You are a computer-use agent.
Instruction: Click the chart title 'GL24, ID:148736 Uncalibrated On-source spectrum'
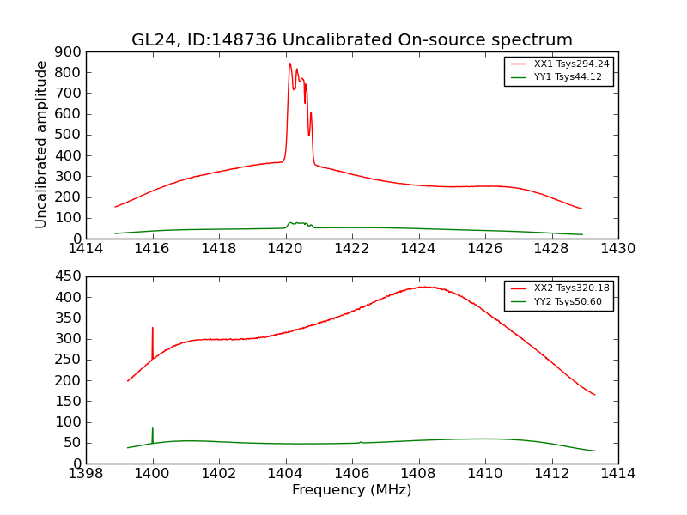tap(352, 40)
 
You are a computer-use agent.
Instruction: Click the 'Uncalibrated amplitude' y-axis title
tap(42, 145)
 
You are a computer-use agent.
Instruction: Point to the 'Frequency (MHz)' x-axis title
tap(352, 490)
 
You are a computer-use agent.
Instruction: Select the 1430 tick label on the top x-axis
tap(617, 249)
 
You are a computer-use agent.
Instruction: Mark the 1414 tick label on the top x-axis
tap(86, 249)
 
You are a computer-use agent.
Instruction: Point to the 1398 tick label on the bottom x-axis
tap(86, 474)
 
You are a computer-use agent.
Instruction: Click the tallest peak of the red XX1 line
tap(290, 64)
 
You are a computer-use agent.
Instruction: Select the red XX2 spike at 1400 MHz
tap(153, 329)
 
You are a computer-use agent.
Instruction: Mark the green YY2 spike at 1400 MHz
tap(153, 429)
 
